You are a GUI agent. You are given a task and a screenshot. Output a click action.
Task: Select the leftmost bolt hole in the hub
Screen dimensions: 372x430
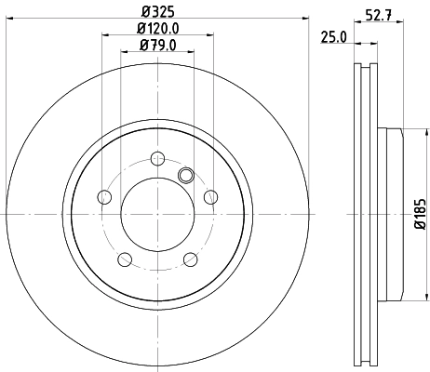point(103,196)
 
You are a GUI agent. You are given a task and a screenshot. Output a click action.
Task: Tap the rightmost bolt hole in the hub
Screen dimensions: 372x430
point(211,196)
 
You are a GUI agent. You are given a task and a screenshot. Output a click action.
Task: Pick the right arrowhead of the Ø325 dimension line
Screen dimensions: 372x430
point(303,22)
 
